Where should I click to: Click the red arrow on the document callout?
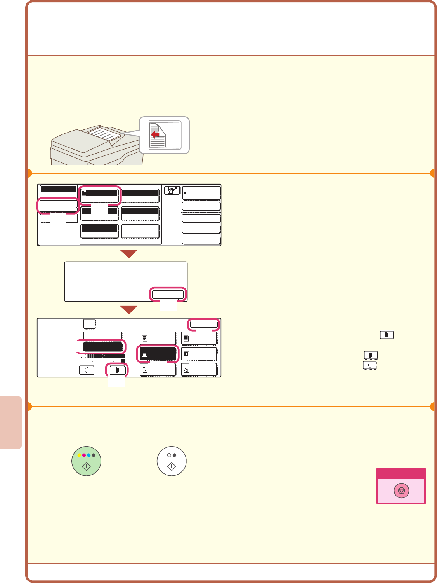coord(155,135)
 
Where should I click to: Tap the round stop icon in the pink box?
coord(401,491)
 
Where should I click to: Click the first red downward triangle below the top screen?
coord(128,254)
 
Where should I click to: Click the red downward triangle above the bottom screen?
coord(128,310)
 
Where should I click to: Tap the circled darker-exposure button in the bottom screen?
coord(117,370)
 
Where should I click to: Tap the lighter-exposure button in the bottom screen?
coord(87,370)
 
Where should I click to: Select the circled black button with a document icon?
coord(158,354)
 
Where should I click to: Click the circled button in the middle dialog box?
coord(168,294)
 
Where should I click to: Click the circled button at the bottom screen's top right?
coord(204,324)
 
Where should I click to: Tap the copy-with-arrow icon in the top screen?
coord(172,190)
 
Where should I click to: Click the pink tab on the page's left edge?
coord(11,422)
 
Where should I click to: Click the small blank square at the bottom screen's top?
coord(90,324)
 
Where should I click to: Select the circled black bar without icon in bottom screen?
coord(102,347)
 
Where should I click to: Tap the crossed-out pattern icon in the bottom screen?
coord(186,370)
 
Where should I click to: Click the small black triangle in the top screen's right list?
coord(185,193)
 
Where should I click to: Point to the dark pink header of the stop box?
coord(401,474)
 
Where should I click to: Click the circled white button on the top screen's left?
coord(59,206)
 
